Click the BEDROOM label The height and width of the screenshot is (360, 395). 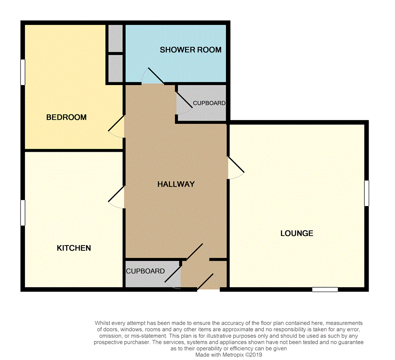(66, 118)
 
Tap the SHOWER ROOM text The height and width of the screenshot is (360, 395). (190, 50)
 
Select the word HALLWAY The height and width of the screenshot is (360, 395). (176, 184)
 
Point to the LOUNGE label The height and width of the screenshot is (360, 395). (297, 233)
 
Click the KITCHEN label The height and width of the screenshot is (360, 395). (74, 248)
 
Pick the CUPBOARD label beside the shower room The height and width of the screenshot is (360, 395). (209, 103)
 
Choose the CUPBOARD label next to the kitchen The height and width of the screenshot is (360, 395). (145, 271)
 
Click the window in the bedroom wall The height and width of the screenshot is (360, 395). (22, 72)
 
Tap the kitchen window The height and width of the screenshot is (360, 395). (22, 213)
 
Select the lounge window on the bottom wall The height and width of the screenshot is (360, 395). (325, 289)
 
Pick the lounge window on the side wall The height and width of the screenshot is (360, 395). (366, 193)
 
